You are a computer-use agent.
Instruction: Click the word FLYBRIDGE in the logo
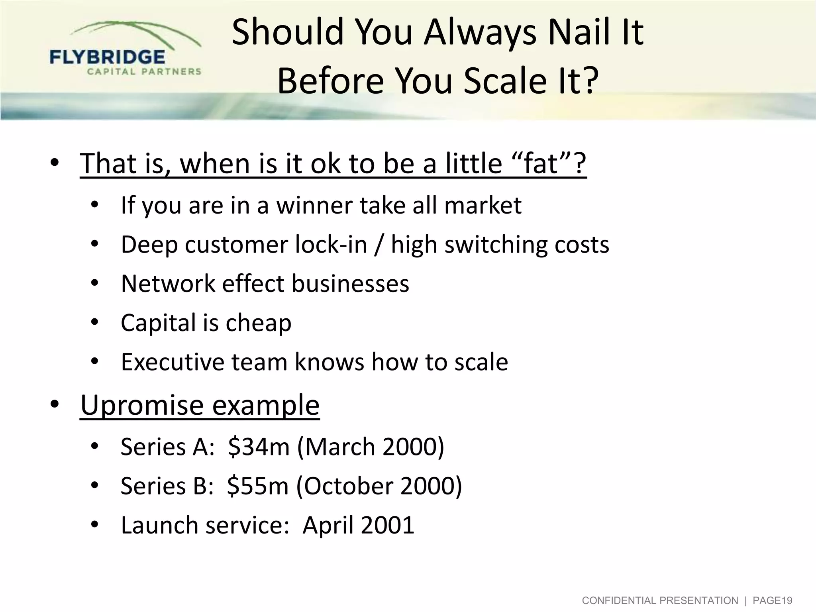pyautogui.click(x=107, y=57)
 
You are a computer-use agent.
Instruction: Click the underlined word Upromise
pyautogui.click(x=142, y=405)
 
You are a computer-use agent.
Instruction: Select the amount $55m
pyautogui.click(x=258, y=486)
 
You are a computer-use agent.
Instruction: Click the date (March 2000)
pyautogui.click(x=371, y=447)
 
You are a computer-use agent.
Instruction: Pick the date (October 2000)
pyautogui.click(x=379, y=486)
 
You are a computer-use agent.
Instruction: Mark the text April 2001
pyautogui.click(x=359, y=525)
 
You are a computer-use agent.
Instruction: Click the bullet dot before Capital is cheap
pyautogui.click(x=94, y=322)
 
